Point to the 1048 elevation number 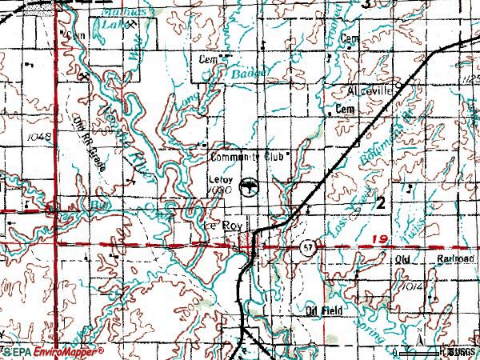[x=37, y=137]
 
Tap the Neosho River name [x=115, y=132]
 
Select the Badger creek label [x=246, y=73]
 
